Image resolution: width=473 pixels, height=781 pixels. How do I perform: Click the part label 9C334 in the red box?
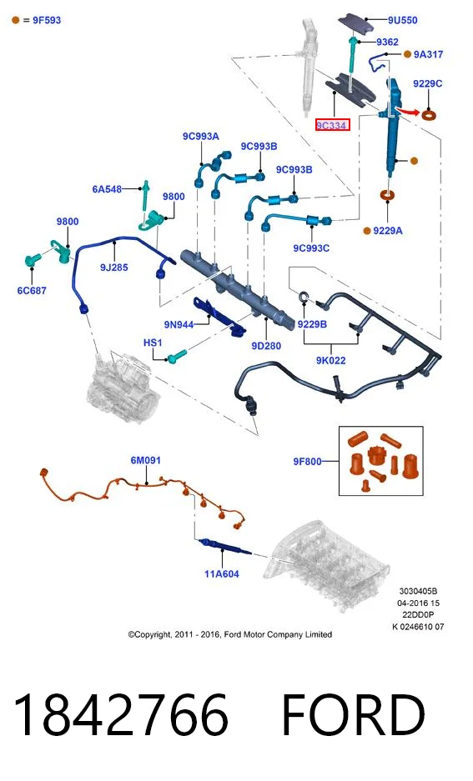(x=332, y=125)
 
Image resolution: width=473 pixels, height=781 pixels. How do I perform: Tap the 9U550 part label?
(x=403, y=20)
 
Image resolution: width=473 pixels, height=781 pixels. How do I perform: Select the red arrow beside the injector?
(x=408, y=111)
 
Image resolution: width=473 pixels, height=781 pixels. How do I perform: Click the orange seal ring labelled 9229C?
(x=428, y=116)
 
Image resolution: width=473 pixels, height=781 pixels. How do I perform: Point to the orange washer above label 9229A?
(x=388, y=194)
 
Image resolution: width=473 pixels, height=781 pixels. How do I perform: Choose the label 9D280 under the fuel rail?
(x=266, y=346)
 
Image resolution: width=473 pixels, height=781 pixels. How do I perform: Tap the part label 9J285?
(x=114, y=268)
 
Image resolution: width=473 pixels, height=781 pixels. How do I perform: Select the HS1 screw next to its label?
(x=177, y=356)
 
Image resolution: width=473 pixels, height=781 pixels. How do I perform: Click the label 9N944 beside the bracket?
(x=179, y=325)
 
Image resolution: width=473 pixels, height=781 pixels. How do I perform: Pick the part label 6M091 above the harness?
(x=145, y=460)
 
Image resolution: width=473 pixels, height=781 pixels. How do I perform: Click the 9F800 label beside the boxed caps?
(x=308, y=462)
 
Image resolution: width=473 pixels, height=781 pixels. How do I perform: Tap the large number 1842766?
(x=121, y=715)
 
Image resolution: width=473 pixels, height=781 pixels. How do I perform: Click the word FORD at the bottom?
(x=354, y=715)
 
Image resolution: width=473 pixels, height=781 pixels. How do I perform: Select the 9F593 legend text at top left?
(x=47, y=21)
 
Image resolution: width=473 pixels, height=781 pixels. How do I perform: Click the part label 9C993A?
(x=201, y=136)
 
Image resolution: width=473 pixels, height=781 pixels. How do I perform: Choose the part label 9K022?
(x=331, y=360)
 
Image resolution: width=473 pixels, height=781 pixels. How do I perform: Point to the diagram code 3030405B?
(x=418, y=591)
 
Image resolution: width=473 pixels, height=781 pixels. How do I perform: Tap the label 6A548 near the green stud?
(x=107, y=189)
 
